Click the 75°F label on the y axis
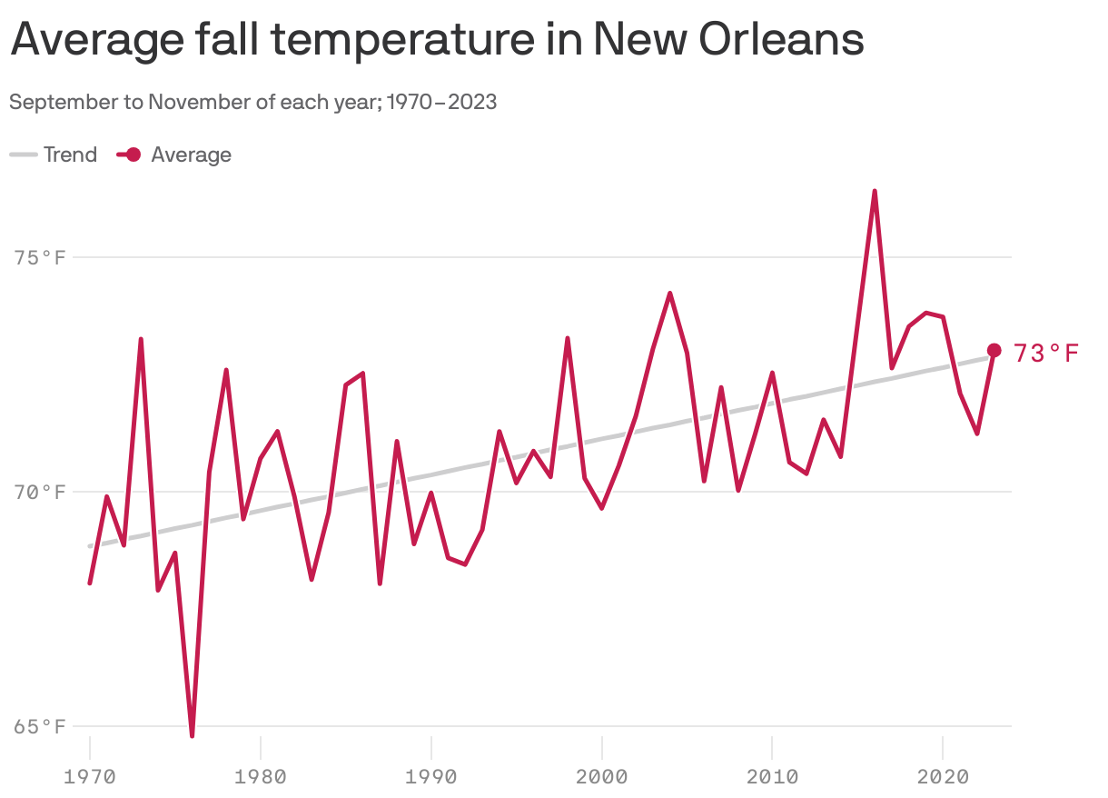40,258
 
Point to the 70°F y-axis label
40,493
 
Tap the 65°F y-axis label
40,727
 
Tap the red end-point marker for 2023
994,351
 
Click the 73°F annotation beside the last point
1045,353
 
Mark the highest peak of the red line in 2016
875,192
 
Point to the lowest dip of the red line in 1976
193,735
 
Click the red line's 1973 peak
141,340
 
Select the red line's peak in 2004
669,294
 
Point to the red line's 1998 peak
568,338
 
